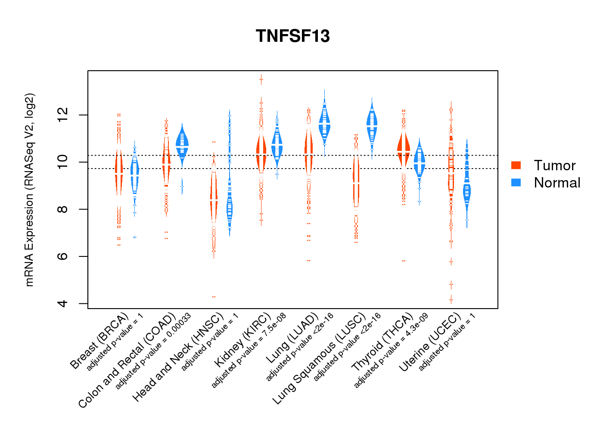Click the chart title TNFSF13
pos(292,36)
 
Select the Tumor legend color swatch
pos(516,165)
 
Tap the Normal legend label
pos(557,183)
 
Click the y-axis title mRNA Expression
pos(29,190)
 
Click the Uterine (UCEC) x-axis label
pos(430,343)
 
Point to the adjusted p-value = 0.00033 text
pos(153,351)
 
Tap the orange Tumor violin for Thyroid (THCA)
pos(404,151)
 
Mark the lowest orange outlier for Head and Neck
pos(214,297)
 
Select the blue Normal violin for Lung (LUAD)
pos(324,123)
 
